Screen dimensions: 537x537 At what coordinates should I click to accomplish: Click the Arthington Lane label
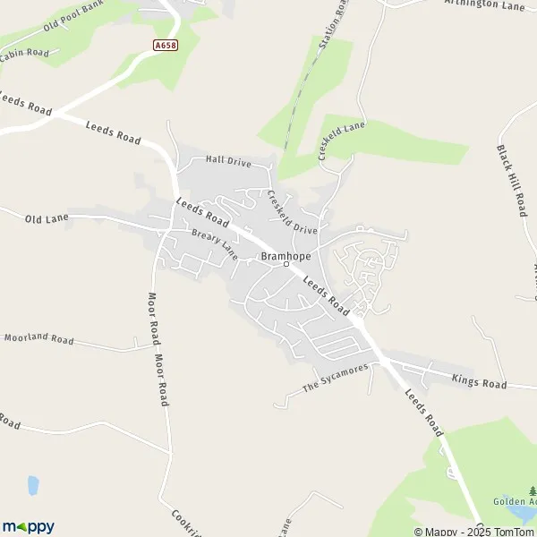pyautogui.click(x=483, y=4)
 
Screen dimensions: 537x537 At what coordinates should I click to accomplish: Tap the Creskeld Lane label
pyautogui.click(x=342, y=141)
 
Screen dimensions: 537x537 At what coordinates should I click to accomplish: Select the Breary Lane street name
pyautogui.click(x=214, y=243)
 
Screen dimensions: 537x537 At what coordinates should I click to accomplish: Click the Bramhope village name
pyautogui.click(x=286, y=255)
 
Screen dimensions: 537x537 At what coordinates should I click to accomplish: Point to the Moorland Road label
pyautogui.click(x=38, y=339)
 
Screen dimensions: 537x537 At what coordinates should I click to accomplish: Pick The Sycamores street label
pyautogui.click(x=335, y=379)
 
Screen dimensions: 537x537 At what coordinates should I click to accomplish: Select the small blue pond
pyautogui.click(x=33, y=485)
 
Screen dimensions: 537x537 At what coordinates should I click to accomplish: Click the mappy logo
pyautogui.click(x=28, y=526)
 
